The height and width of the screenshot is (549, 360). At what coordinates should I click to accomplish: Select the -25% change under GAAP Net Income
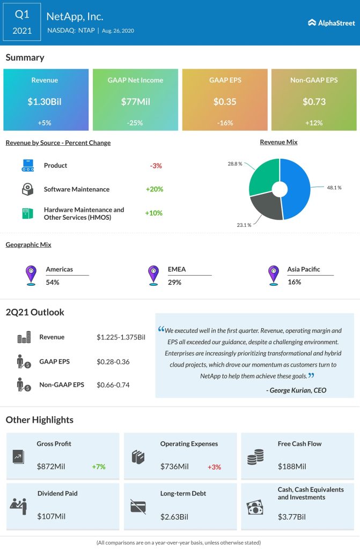click(135, 123)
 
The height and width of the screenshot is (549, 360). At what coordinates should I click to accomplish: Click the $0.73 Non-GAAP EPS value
click(314, 101)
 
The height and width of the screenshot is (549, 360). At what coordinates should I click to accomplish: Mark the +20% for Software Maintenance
click(154, 189)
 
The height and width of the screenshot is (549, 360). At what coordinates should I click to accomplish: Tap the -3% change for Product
click(156, 166)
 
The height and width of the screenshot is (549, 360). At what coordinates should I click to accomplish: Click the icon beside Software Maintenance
click(28, 189)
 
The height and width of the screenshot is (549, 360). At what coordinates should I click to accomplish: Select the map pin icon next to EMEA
click(153, 275)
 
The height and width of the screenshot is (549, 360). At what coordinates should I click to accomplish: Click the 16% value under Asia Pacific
click(293, 282)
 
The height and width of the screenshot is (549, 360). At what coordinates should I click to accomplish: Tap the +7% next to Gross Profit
click(99, 466)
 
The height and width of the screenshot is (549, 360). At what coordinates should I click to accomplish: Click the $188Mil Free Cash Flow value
click(291, 466)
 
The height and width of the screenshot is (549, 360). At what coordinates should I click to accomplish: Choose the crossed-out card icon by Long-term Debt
click(137, 506)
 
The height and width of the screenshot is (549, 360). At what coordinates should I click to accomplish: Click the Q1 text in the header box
click(22, 14)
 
